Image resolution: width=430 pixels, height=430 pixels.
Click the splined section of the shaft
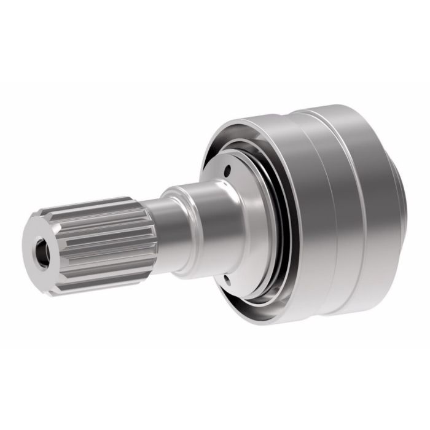tap(104, 240)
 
